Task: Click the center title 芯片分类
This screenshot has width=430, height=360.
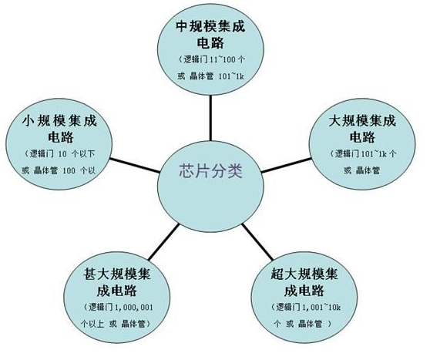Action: coord(211,171)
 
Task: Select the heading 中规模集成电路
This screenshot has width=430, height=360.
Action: coord(210,35)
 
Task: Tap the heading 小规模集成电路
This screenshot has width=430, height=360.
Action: coord(59,129)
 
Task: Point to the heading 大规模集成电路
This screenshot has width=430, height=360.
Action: coord(362,129)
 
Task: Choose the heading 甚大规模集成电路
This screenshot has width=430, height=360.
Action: coord(117,282)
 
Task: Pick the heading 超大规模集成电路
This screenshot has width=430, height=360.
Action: coord(304,282)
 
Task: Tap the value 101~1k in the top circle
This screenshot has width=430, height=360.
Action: coord(231,76)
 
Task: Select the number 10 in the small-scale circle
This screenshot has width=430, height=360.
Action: coord(62,154)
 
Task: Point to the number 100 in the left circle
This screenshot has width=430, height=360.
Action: coord(69,170)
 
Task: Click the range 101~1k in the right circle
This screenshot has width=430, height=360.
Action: coord(374,154)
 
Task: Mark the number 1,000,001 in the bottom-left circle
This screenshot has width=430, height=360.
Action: coord(134,308)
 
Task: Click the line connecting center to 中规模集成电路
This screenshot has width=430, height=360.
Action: coord(210,118)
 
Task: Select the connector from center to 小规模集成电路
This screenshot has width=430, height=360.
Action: coord(135,165)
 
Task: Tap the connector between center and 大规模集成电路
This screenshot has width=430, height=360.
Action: coord(287,165)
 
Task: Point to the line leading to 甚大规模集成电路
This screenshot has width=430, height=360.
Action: coord(163,242)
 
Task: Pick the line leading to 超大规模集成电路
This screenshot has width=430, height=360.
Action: coord(257,242)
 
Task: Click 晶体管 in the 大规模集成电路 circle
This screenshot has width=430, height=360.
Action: coord(368,170)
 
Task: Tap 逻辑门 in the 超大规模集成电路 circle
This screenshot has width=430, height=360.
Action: coord(288,308)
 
